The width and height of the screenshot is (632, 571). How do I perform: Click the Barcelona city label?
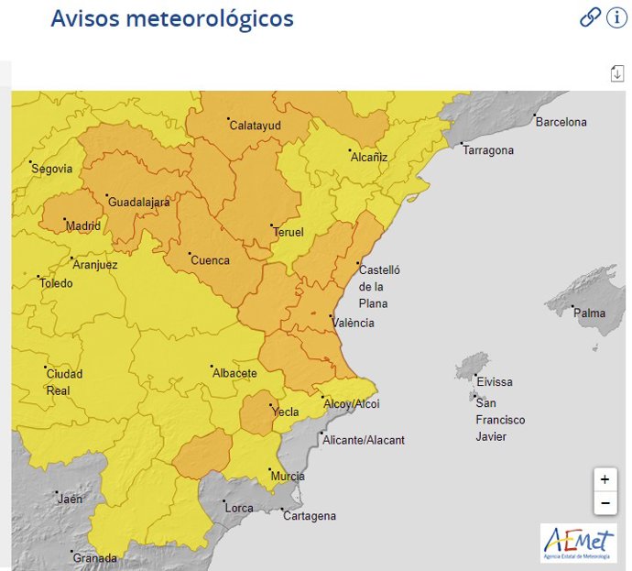click(561, 122)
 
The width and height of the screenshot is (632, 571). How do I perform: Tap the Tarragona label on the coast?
click(488, 150)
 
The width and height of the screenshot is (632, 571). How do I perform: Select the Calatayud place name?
click(255, 126)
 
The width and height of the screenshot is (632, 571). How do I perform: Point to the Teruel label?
click(289, 232)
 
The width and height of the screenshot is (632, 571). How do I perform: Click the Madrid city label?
click(82, 226)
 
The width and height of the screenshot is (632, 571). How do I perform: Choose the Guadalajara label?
click(139, 203)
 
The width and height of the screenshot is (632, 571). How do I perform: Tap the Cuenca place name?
click(210, 260)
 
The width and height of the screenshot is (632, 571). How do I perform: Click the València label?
click(354, 323)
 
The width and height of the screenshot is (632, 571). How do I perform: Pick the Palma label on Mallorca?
click(589, 313)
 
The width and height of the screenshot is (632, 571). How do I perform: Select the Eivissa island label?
click(494, 381)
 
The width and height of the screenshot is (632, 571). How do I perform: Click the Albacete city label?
click(234, 373)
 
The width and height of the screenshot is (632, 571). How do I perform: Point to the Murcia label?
click(288, 477)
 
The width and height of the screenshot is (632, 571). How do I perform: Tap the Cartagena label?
click(309, 516)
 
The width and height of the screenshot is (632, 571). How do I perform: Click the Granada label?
click(95, 558)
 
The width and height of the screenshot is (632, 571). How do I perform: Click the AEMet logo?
click(578, 543)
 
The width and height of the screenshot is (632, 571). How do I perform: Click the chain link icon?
click(590, 17)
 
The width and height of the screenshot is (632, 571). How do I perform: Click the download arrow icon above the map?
click(616, 73)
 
